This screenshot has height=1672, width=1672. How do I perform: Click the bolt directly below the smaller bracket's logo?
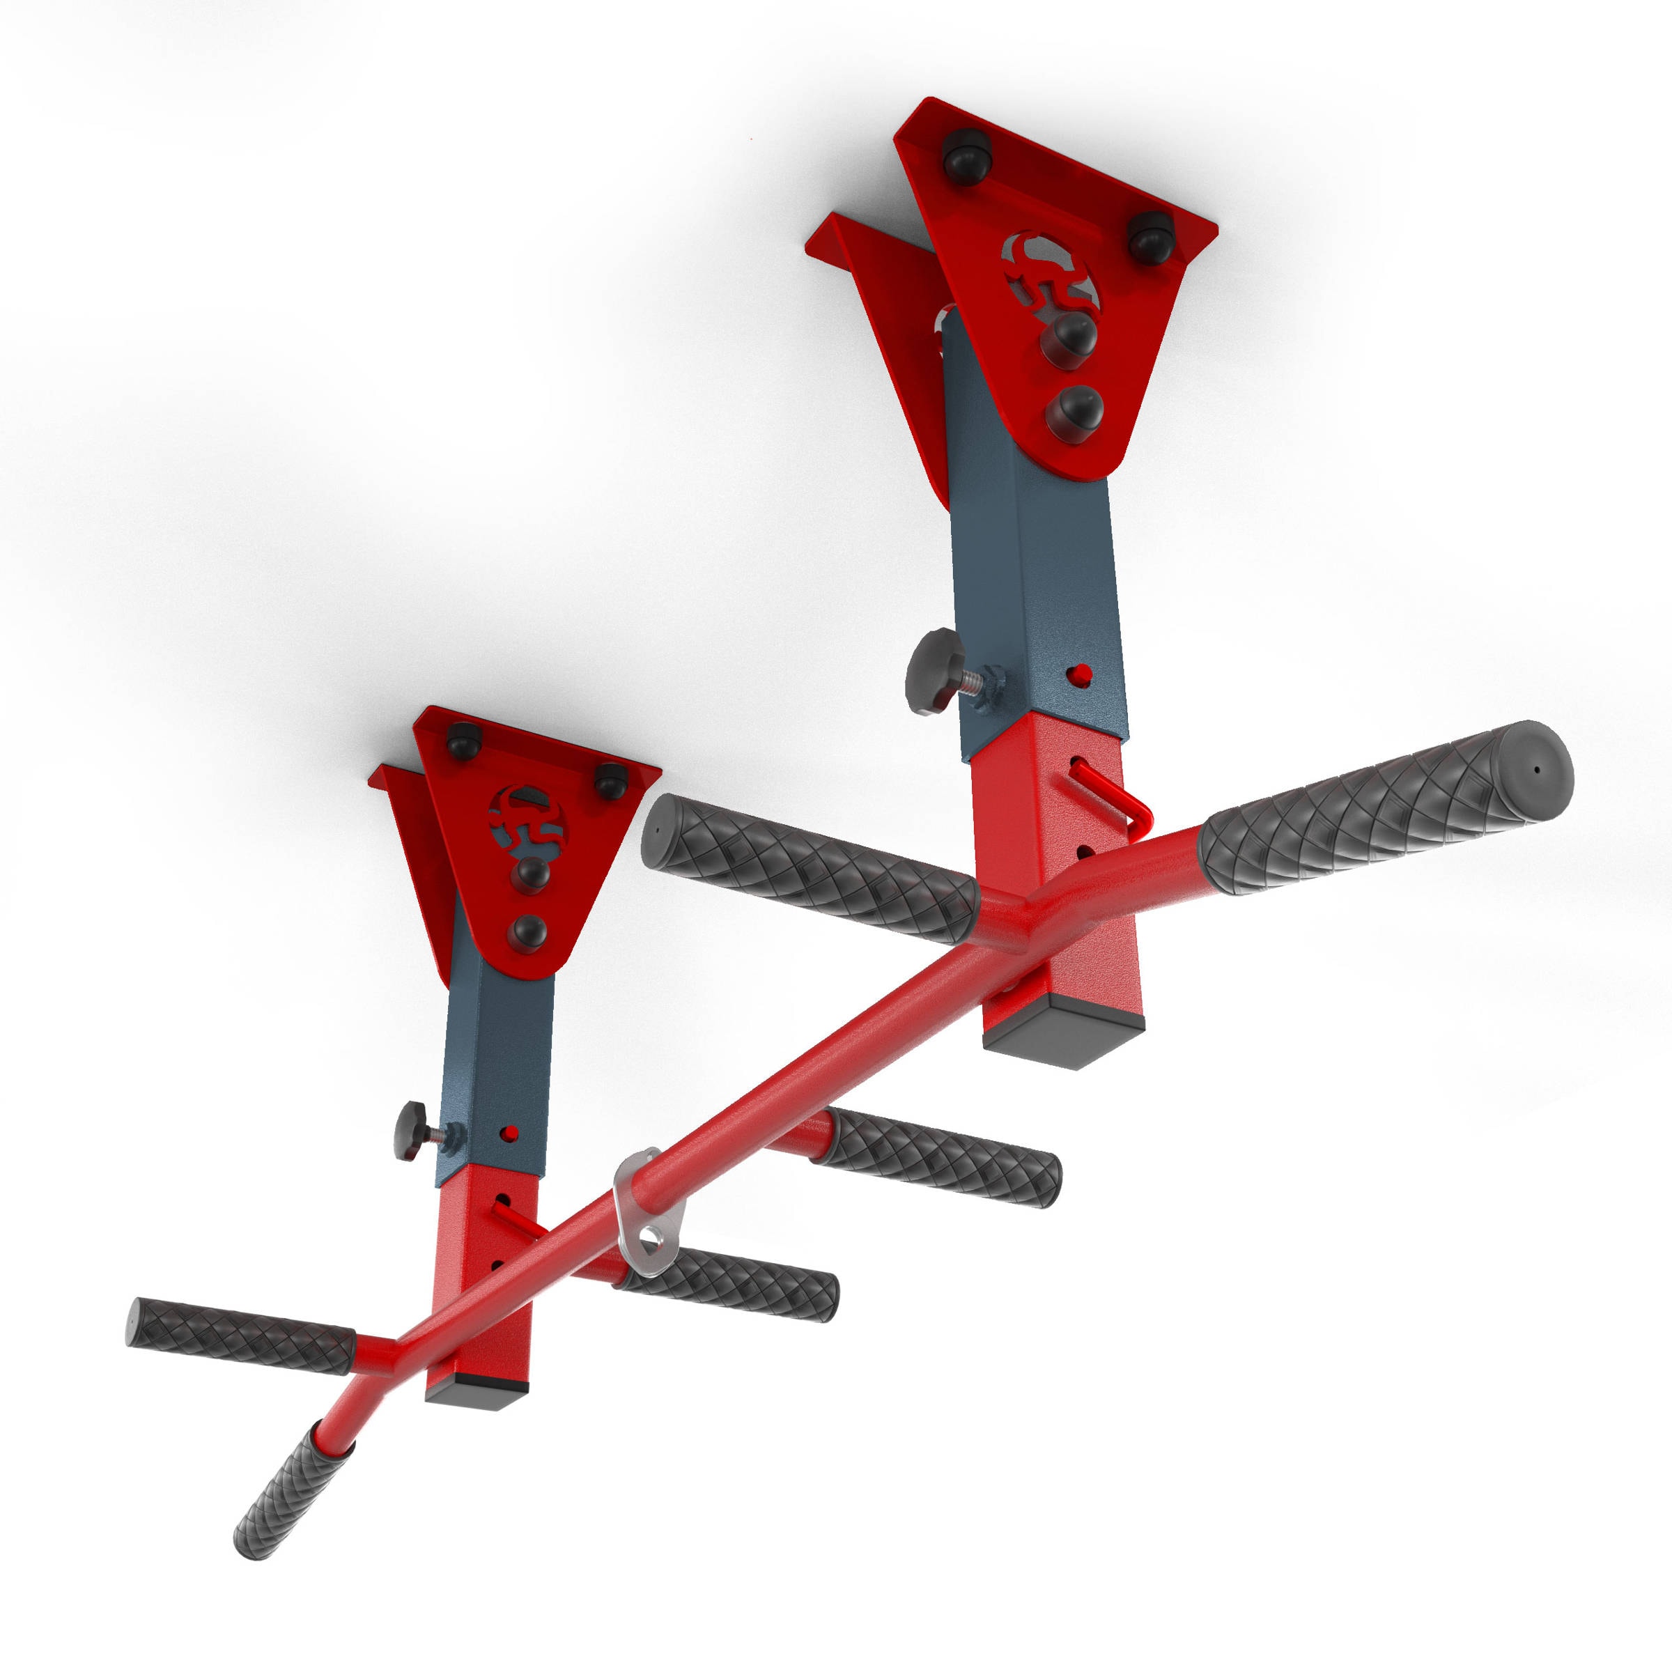tap(529, 875)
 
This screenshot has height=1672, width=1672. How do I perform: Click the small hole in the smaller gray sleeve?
tap(511, 1133)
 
